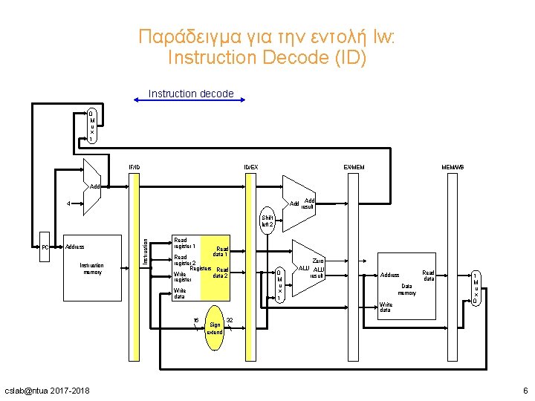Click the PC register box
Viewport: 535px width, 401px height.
point(45,247)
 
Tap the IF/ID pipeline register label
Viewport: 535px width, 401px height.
point(134,167)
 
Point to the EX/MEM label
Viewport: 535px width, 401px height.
point(353,167)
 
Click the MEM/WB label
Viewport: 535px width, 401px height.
point(453,167)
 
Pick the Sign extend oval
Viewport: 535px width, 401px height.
point(215,327)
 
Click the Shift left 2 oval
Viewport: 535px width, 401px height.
point(267,221)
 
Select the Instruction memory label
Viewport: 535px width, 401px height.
point(91,268)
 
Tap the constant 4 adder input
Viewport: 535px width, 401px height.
point(68,203)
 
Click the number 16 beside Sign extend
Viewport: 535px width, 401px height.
point(195,320)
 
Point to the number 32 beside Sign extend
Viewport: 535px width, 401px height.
point(230,320)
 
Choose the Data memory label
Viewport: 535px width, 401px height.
point(406,289)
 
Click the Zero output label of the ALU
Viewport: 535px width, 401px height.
point(318,261)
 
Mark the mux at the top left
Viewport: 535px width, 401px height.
point(91,126)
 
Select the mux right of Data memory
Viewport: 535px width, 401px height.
point(476,287)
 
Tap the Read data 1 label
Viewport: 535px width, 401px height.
point(221,252)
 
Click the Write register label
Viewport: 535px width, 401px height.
point(183,277)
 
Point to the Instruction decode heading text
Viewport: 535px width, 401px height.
point(191,94)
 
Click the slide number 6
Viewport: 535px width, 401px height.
point(525,391)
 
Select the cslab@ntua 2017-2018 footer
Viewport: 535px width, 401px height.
point(47,391)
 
